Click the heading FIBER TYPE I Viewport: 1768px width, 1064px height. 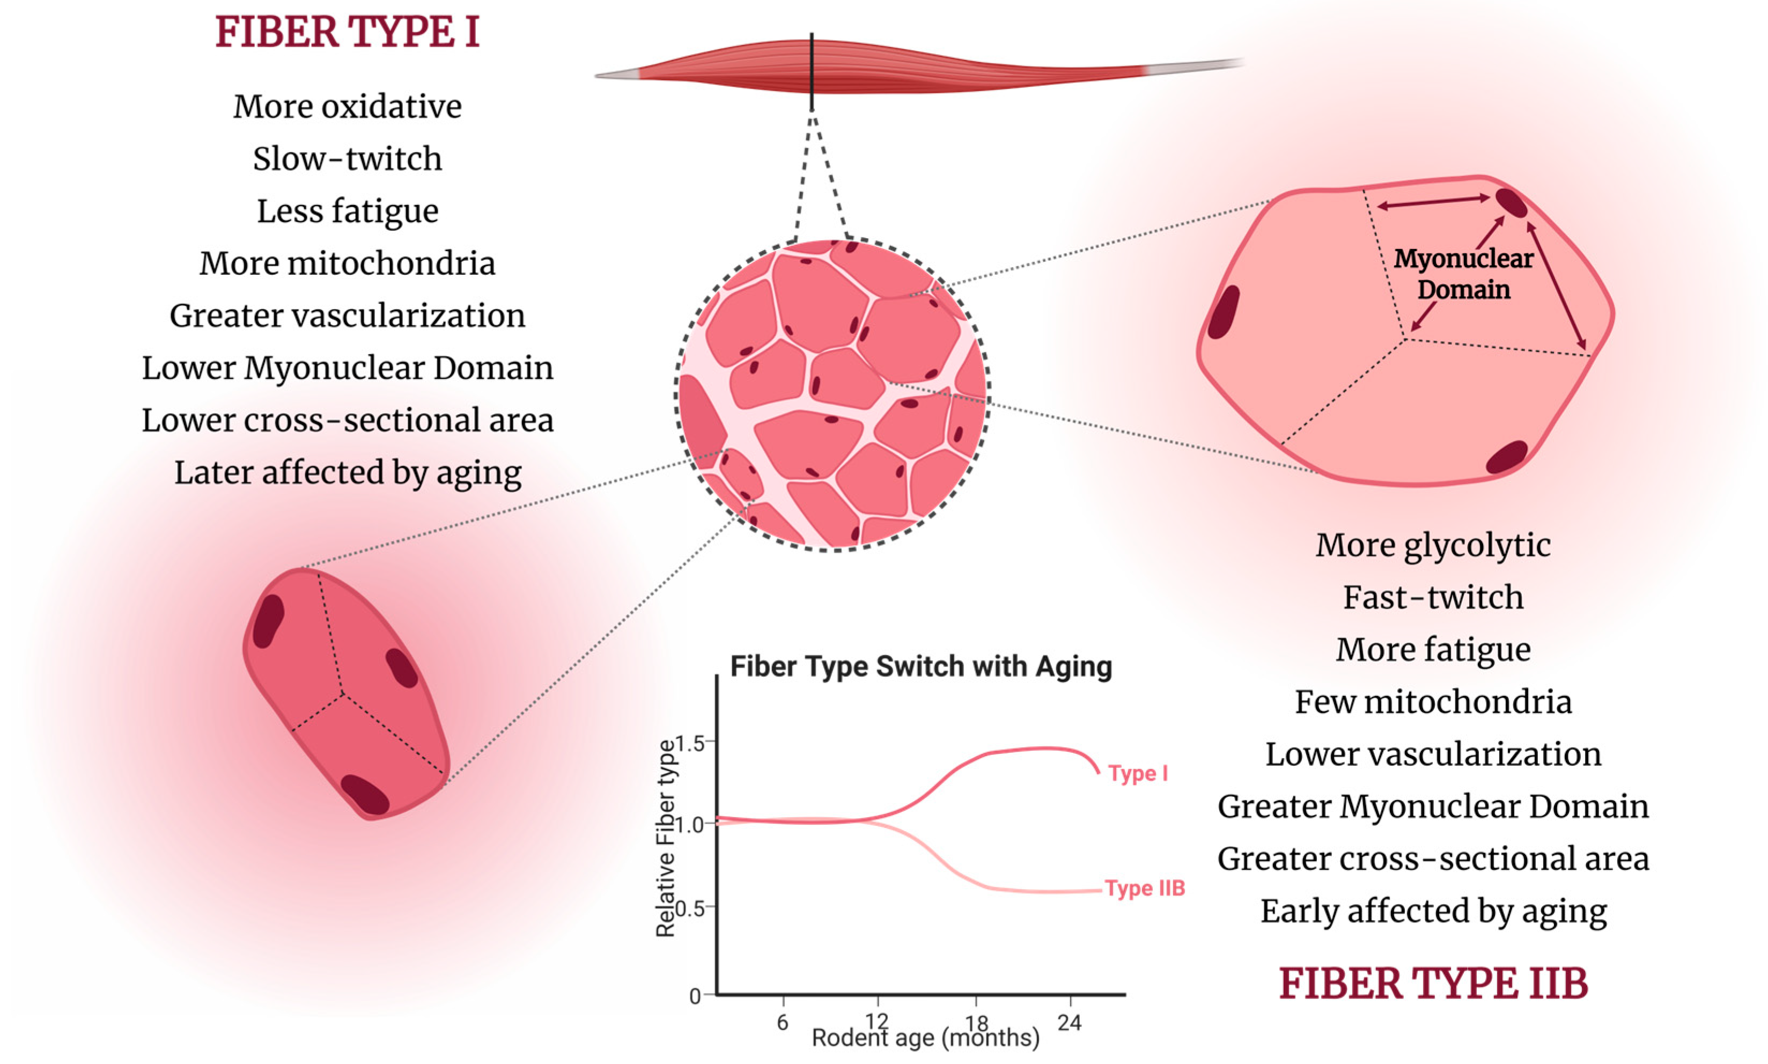coord(347,33)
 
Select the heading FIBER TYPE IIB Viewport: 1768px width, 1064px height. coord(1433,983)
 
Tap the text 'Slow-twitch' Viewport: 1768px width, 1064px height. coord(347,158)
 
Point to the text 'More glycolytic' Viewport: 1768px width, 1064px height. coord(1433,545)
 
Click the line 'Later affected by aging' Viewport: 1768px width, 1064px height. coord(348,473)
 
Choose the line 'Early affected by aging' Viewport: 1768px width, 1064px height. coord(1433,911)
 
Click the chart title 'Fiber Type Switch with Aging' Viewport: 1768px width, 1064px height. coord(921,667)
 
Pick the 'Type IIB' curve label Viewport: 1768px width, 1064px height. coord(1145,889)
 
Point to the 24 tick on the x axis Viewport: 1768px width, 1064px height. coord(1069,1022)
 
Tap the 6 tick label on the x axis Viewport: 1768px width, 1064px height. coord(783,1022)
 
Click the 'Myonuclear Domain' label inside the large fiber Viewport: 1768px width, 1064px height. coord(1463,274)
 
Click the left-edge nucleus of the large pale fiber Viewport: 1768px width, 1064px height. coord(1224,313)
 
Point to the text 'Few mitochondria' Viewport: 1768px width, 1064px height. coord(1433,702)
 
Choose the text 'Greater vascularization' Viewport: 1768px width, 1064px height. coord(347,315)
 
